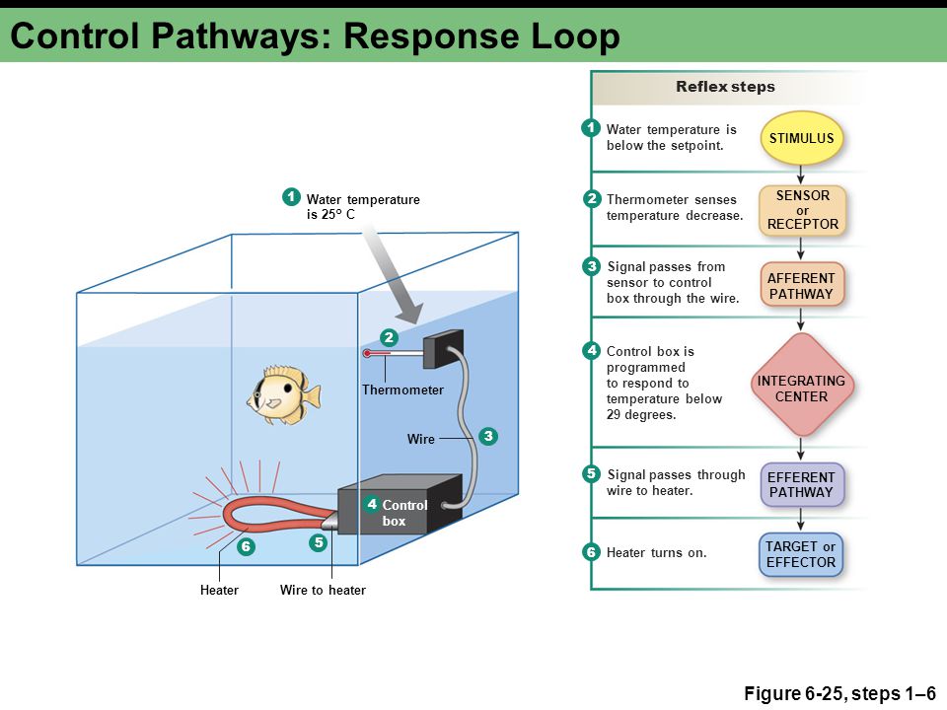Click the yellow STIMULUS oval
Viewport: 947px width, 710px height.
(x=801, y=138)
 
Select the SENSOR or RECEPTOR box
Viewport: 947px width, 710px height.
(x=802, y=210)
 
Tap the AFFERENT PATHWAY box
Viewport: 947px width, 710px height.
(x=801, y=285)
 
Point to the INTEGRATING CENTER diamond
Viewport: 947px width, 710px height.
(x=801, y=386)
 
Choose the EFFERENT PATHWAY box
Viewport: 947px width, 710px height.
(x=801, y=484)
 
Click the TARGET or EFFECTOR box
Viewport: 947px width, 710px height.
(x=801, y=554)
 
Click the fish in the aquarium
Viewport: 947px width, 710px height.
(x=283, y=394)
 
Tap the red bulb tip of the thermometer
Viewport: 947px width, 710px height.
(x=367, y=353)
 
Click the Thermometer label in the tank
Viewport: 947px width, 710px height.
(x=402, y=390)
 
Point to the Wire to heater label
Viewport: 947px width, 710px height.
(x=323, y=590)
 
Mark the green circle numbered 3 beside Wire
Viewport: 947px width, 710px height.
(x=488, y=436)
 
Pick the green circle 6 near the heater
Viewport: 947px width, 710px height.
(x=246, y=547)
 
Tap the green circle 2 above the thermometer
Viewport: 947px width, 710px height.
(x=389, y=337)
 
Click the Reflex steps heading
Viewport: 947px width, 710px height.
(x=725, y=87)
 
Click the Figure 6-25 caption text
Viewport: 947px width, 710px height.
(x=839, y=693)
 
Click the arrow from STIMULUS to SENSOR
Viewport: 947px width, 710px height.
(x=801, y=176)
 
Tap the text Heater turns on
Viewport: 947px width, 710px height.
(x=657, y=552)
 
